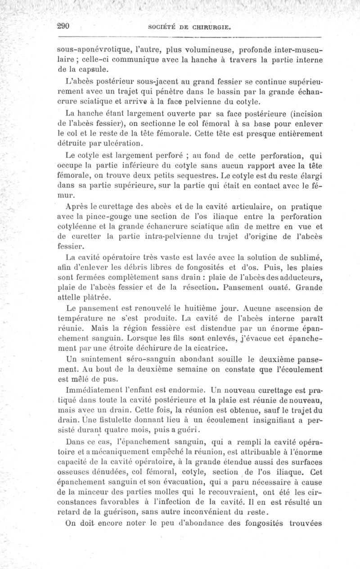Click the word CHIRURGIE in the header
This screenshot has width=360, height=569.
pos(211,27)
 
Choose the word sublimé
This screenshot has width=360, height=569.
pos(302,257)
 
